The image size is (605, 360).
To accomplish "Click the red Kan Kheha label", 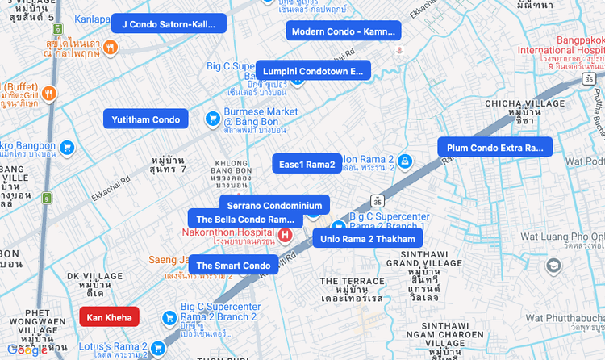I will point(109,317).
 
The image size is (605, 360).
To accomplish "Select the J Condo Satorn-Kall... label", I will point(169,24).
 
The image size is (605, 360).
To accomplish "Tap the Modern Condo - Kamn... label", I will point(343,31).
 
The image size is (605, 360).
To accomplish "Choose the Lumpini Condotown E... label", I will point(313,71).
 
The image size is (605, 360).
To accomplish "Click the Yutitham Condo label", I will point(146,119).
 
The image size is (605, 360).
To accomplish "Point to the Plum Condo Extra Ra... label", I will point(494,148).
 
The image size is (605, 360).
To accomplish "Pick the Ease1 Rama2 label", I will point(307,165).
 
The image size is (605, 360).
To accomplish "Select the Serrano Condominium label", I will point(274,206).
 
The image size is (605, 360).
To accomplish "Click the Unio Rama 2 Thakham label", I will point(367,239).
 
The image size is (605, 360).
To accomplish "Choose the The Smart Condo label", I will point(233,266).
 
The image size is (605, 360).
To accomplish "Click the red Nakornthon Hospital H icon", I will point(285,235).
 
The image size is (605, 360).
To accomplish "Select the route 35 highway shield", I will point(378,200).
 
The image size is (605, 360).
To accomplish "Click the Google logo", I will point(27,350).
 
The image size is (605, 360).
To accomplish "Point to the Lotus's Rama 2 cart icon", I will point(158,348).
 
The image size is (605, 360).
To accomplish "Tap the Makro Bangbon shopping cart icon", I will point(67,148).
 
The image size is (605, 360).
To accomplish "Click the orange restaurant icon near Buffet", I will point(49,94).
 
